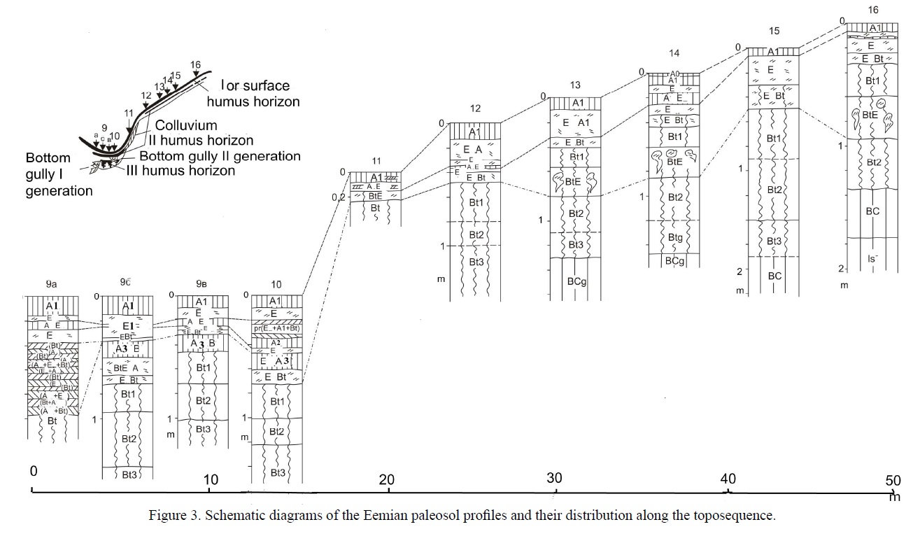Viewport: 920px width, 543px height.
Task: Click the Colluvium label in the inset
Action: [x=186, y=125]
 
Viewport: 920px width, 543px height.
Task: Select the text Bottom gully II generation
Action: [x=220, y=156]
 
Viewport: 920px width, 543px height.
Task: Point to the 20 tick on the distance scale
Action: [x=387, y=480]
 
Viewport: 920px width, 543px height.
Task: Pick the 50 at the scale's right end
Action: [x=893, y=481]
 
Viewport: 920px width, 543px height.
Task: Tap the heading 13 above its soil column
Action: [x=575, y=85]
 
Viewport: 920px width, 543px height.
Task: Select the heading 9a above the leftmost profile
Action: [x=51, y=285]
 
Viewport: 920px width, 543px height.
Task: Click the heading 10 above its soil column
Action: [x=276, y=285]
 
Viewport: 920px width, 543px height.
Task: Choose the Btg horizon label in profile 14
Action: [x=675, y=238]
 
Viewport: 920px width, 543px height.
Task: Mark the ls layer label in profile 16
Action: [x=872, y=259]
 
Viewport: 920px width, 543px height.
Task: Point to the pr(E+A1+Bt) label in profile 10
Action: [x=276, y=328]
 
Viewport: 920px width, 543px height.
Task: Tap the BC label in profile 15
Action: [x=774, y=276]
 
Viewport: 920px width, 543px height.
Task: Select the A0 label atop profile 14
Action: [x=674, y=73]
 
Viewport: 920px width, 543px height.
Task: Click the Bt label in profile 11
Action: [x=376, y=208]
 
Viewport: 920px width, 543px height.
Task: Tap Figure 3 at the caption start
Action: [x=171, y=516]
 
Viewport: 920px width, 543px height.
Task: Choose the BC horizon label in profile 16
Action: [x=872, y=211]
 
